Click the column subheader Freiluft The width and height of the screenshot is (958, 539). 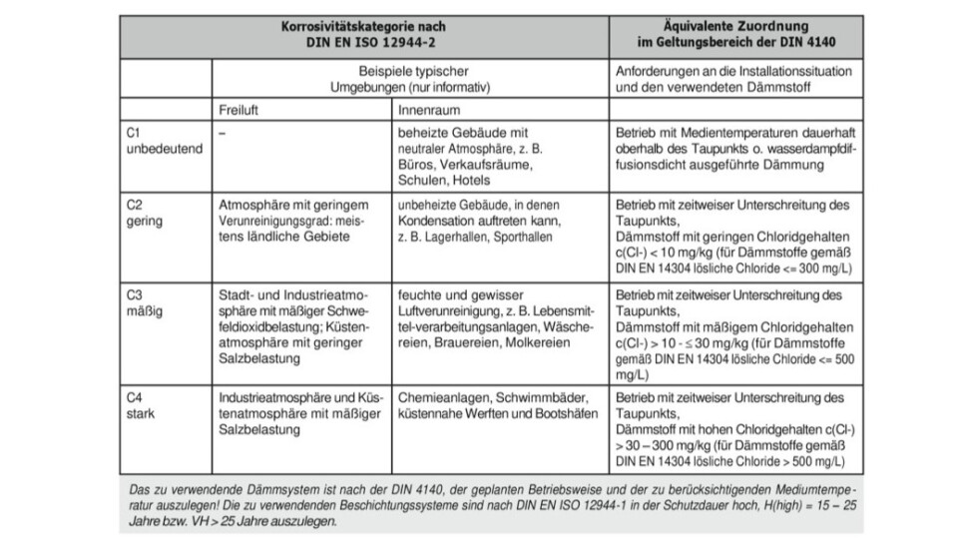pyautogui.click(x=240, y=108)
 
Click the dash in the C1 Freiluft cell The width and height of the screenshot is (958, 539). pyautogui.click(x=222, y=132)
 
